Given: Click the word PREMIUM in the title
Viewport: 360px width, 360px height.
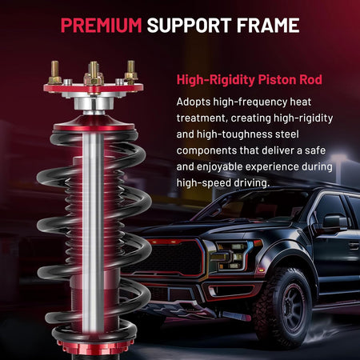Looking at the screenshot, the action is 101,26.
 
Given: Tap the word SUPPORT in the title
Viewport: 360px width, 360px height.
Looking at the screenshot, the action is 189,26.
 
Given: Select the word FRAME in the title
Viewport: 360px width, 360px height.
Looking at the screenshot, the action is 268,26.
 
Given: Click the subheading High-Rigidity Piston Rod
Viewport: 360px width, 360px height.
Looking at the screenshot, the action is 250,80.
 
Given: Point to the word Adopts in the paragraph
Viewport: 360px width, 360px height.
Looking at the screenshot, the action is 194,102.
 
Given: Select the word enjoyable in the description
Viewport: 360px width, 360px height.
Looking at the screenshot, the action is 219,167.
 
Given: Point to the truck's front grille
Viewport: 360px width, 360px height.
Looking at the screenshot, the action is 172,258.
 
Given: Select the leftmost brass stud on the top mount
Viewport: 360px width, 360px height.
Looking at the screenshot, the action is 54,72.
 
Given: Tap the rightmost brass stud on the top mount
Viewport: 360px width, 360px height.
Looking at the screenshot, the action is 131,70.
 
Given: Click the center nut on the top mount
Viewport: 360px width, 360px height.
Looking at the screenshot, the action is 94,78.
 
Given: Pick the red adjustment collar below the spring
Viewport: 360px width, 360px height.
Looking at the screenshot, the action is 94,346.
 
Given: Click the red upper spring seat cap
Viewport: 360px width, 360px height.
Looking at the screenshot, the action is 94,123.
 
